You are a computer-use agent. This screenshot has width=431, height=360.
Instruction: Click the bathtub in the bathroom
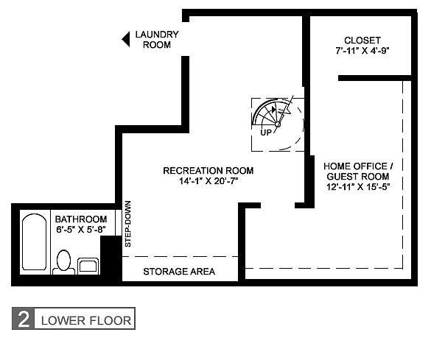tap(34, 242)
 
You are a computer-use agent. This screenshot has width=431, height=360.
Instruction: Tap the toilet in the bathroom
tap(63, 261)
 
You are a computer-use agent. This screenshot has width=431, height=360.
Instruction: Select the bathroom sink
tap(88, 266)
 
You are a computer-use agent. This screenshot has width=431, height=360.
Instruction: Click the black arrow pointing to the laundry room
tap(126, 39)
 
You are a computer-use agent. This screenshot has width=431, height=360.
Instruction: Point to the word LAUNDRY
tap(157, 35)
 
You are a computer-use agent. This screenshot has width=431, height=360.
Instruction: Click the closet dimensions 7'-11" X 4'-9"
tap(362, 51)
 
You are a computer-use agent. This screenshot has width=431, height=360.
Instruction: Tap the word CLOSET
tap(362, 40)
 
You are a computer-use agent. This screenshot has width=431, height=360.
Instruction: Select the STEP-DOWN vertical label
tap(127, 224)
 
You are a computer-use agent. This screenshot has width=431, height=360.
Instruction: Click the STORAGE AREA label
tap(179, 272)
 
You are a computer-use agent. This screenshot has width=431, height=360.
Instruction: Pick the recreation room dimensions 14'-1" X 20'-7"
tap(209, 181)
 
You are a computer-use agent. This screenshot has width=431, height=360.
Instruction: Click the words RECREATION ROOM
tap(209, 171)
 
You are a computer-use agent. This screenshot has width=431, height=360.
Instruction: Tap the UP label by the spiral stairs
tap(266, 133)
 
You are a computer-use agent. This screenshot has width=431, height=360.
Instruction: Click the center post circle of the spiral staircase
tap(278, 124)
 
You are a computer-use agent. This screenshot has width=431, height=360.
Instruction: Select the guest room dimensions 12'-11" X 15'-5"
tap(358, 187)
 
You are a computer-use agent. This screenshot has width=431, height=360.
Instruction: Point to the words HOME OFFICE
tap(355, 166)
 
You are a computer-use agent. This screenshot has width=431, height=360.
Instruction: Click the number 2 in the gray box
tap(24, 319)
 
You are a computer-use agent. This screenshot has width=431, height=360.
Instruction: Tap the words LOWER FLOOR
tap(86, 321)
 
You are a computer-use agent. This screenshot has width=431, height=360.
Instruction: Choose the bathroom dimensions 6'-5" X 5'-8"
tap(81, 230)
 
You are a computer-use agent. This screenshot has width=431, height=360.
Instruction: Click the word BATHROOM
tap(81, 219)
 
